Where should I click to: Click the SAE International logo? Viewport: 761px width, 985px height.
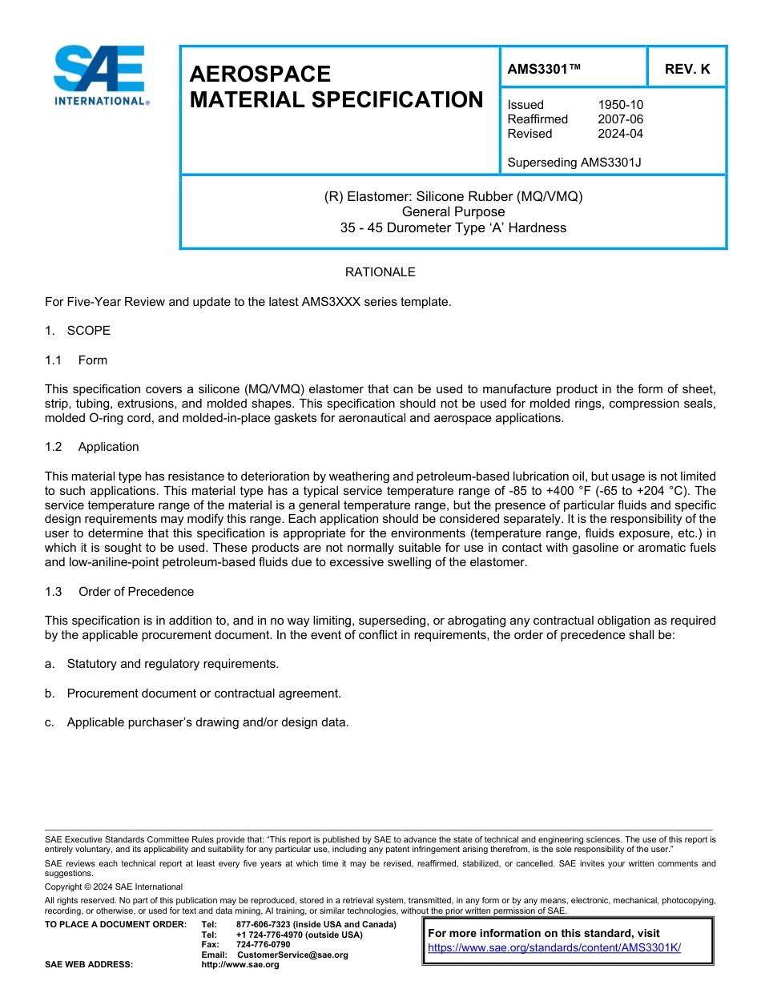[x=100, y=75]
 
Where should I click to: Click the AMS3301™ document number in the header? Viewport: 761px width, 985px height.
[x=544, y=69]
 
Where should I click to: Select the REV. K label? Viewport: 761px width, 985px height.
[x=687, y=69]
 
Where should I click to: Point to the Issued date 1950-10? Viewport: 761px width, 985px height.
[x=620, y=105]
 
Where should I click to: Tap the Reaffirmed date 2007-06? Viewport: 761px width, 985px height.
[x=620, y=119]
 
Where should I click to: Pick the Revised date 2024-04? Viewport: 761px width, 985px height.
[x=620, y=134]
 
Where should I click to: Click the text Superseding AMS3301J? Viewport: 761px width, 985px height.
[x=574, y=163]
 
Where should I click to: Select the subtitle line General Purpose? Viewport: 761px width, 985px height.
[x=453, y=211]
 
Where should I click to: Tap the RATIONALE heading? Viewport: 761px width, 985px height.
[x=380, y=272]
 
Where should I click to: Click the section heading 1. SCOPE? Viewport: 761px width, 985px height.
[x=78, y=331]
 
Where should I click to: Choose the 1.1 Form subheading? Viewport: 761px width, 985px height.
[x=76, y=360]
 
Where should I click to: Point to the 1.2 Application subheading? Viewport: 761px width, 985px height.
[x=92, y=447]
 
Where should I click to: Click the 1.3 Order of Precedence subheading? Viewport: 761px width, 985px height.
[x=119, y=592]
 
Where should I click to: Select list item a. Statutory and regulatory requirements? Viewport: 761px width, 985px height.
[x=163, y=664]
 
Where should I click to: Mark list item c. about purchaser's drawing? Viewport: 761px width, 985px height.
[x=197, y=722]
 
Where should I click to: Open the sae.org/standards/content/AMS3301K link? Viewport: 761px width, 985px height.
[x=554, y=947]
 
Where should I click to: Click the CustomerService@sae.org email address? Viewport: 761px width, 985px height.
[x=292, y=955]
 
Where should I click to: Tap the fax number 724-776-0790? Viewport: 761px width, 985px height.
[x=263, y=944]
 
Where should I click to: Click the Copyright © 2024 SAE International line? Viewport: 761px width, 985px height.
[x=114, y=886]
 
